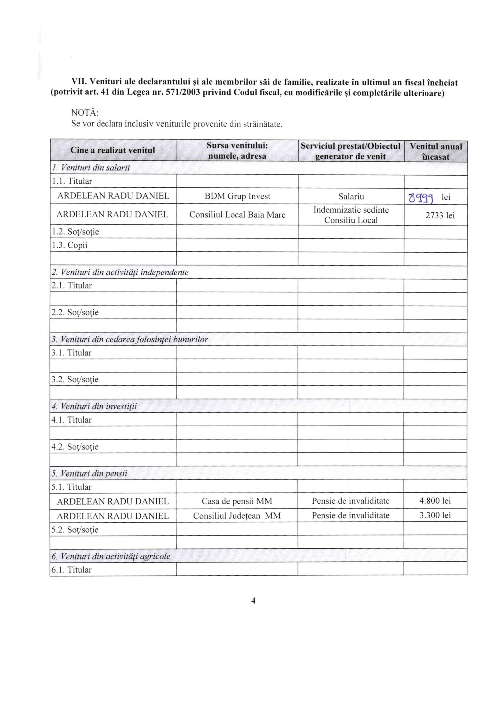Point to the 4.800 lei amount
[435, 501]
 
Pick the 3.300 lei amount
[435, 515]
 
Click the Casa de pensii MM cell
[237, 501]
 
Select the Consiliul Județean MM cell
[237, 516]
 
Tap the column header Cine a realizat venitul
[113, 150]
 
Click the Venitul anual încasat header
[436, 151]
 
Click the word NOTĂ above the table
[85, 113]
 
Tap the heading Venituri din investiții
[98, 406]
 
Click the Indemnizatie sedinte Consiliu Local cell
[351, 215]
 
